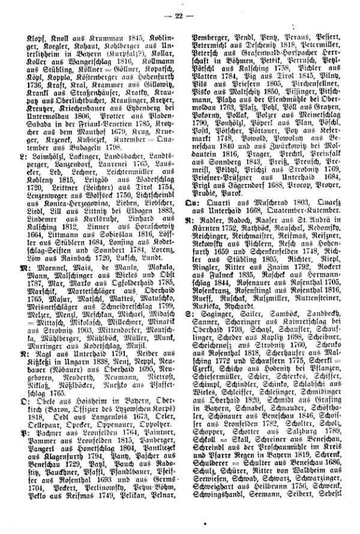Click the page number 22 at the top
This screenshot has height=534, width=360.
click(180, 13)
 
